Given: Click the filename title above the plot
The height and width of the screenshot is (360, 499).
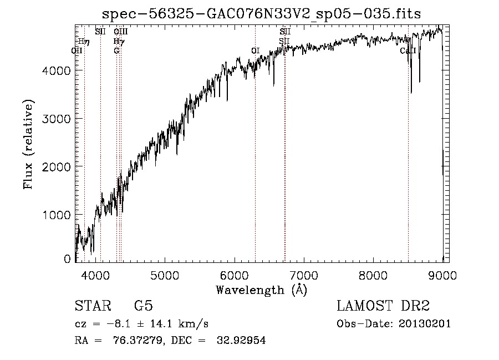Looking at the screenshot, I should [262, 13].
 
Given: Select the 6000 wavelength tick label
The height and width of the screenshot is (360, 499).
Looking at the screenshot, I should [234, 275].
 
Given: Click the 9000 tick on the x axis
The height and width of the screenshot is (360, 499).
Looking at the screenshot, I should [442, 275].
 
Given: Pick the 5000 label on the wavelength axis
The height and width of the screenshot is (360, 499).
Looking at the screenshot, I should [165, 275].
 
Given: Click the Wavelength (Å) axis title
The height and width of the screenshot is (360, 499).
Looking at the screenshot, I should [261, 290].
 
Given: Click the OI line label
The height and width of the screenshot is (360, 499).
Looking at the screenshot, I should [255, 50].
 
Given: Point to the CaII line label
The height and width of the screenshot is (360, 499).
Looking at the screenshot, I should [408, 50].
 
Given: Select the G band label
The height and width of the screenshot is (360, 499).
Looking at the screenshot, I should [116, 50].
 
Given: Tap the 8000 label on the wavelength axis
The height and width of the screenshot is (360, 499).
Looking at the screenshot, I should [373, 275].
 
